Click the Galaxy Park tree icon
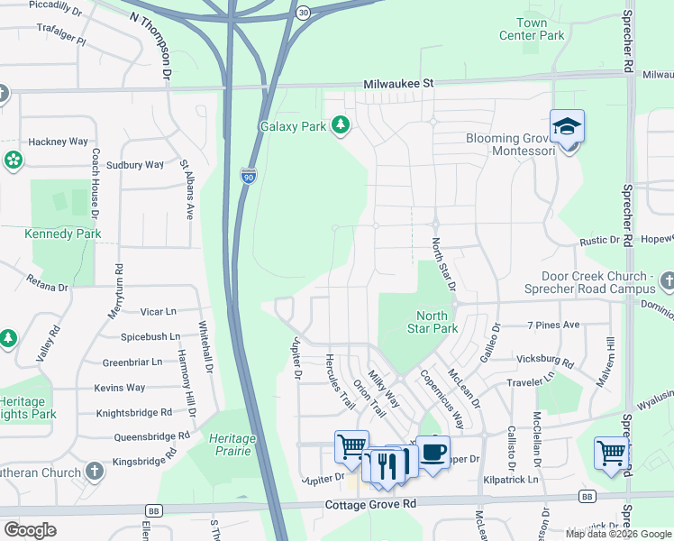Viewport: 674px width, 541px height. coord(341,125)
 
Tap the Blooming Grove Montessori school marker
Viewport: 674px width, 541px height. coord(567,126)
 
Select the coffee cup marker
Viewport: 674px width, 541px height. coord(433,452)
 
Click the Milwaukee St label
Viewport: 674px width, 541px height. coord(398,83)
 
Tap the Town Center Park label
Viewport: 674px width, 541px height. coord(532,29)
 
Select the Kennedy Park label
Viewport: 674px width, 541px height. coord(63,234)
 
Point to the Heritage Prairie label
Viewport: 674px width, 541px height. coord(233,444)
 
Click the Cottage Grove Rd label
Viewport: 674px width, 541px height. coord(370,504)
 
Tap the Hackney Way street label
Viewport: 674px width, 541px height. coord(58,142)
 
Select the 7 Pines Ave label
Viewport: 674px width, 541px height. coord(553,325)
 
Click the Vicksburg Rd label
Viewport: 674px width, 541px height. coord(545,360)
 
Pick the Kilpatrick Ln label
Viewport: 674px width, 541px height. coord(510,480)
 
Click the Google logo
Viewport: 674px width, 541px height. coord(30,530)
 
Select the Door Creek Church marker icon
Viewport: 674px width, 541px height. coord(666,282)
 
